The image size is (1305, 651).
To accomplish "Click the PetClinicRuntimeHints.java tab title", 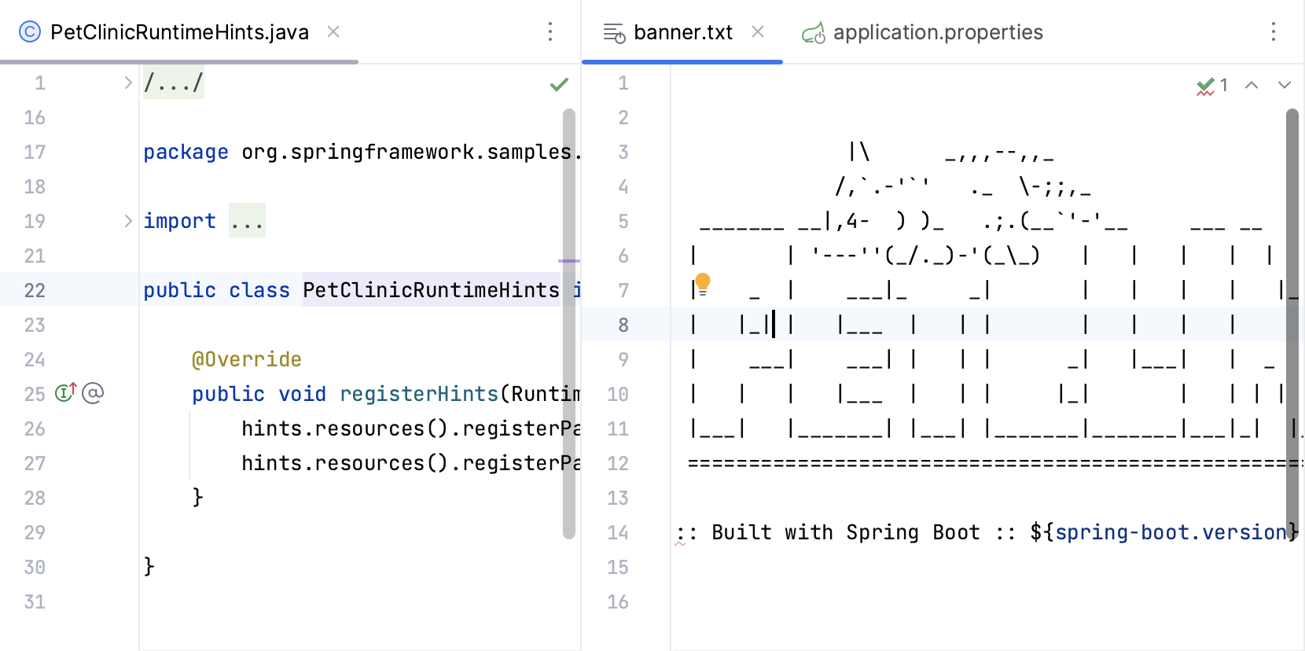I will [x=179, y=32].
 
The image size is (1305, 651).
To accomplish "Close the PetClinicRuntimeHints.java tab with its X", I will [x=333, y=31].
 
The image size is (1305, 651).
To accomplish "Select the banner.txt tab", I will [x=682, y=32].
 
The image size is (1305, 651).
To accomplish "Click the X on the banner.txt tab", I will [x=758, y=31].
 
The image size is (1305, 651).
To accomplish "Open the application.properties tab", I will [x=937, y=32].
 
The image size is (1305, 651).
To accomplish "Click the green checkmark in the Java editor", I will [x=559, y=84].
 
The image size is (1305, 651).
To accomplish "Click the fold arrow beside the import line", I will [x=128, y=221].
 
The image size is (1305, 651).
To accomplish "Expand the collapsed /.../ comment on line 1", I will [x=128, y=83].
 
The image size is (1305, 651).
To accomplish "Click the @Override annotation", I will [x=246, y=359].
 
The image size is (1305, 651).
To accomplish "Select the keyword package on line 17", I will [x=186, y=152].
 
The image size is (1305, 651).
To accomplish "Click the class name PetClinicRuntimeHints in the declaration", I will [x=431, y=290].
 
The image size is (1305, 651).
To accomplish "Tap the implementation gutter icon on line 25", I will [x=65, y=392].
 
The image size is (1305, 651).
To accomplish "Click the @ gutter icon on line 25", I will [x=93, y=392].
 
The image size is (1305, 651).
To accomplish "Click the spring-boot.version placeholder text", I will [x=1170, y=532].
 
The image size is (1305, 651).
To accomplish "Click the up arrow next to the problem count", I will [x=1252, y=85].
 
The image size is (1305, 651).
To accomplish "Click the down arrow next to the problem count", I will [x=1285, y=85].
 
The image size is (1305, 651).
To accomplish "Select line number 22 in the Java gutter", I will [x=35, y=290].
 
